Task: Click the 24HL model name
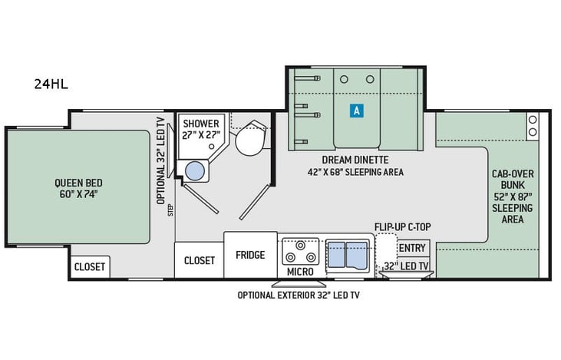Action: (51, 84)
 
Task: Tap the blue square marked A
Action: (356, 111)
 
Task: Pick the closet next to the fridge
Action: (199, 260)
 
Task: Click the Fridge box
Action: (250, 255)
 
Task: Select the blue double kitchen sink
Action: (346, 253)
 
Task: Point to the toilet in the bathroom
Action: (249, 140)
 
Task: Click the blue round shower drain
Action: (196, 171)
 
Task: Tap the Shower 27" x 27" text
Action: (201, 130)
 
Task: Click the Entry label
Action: (412, 247)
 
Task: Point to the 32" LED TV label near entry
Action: (406, 266)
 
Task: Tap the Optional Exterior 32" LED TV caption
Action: (299, 295)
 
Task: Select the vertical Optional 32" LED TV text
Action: (161, 160)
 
